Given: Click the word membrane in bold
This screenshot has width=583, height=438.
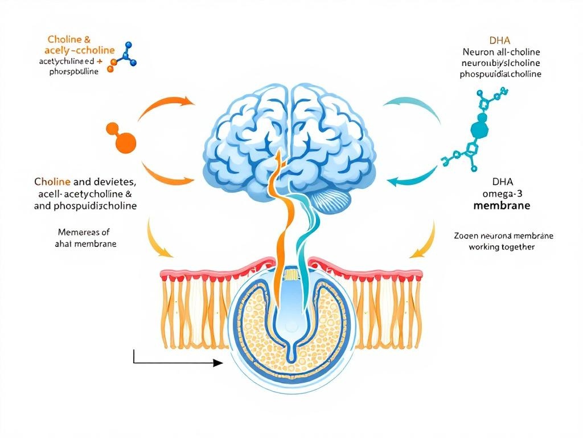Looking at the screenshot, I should coord(502,205).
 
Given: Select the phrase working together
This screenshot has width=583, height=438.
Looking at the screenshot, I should coord(502,247).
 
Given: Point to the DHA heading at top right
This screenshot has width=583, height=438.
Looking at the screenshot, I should coord(500,40).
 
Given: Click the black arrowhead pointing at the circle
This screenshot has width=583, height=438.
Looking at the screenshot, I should coord(217,363).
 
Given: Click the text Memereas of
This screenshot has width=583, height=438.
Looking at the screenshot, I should coord(84,232).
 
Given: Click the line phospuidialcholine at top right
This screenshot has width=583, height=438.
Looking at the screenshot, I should coord(500,74).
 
